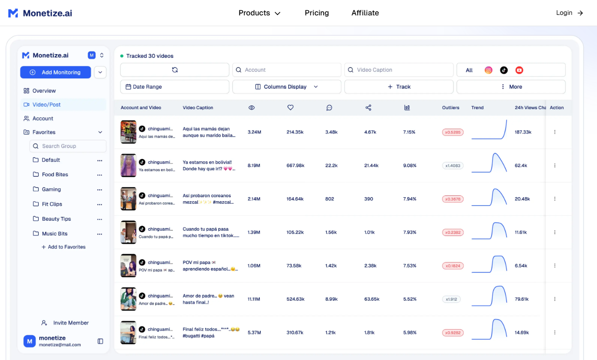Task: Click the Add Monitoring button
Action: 56,72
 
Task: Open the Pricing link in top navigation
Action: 317,13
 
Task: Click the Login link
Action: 569,13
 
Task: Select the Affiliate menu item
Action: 365,13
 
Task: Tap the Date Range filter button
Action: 174,87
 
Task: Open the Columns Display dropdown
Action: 286,87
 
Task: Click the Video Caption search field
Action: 399,70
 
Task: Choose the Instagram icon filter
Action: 488,70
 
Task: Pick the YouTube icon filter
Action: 519,70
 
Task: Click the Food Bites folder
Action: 55,174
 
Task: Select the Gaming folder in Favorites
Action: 51,189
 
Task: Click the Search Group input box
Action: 68,146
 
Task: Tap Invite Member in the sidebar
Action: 71,323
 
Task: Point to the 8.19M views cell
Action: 254,166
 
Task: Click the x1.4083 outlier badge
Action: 452,166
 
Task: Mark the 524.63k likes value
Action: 295,299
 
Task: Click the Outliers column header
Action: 451,108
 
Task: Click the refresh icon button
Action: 174,70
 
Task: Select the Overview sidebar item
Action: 44,91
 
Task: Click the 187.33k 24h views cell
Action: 523,132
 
